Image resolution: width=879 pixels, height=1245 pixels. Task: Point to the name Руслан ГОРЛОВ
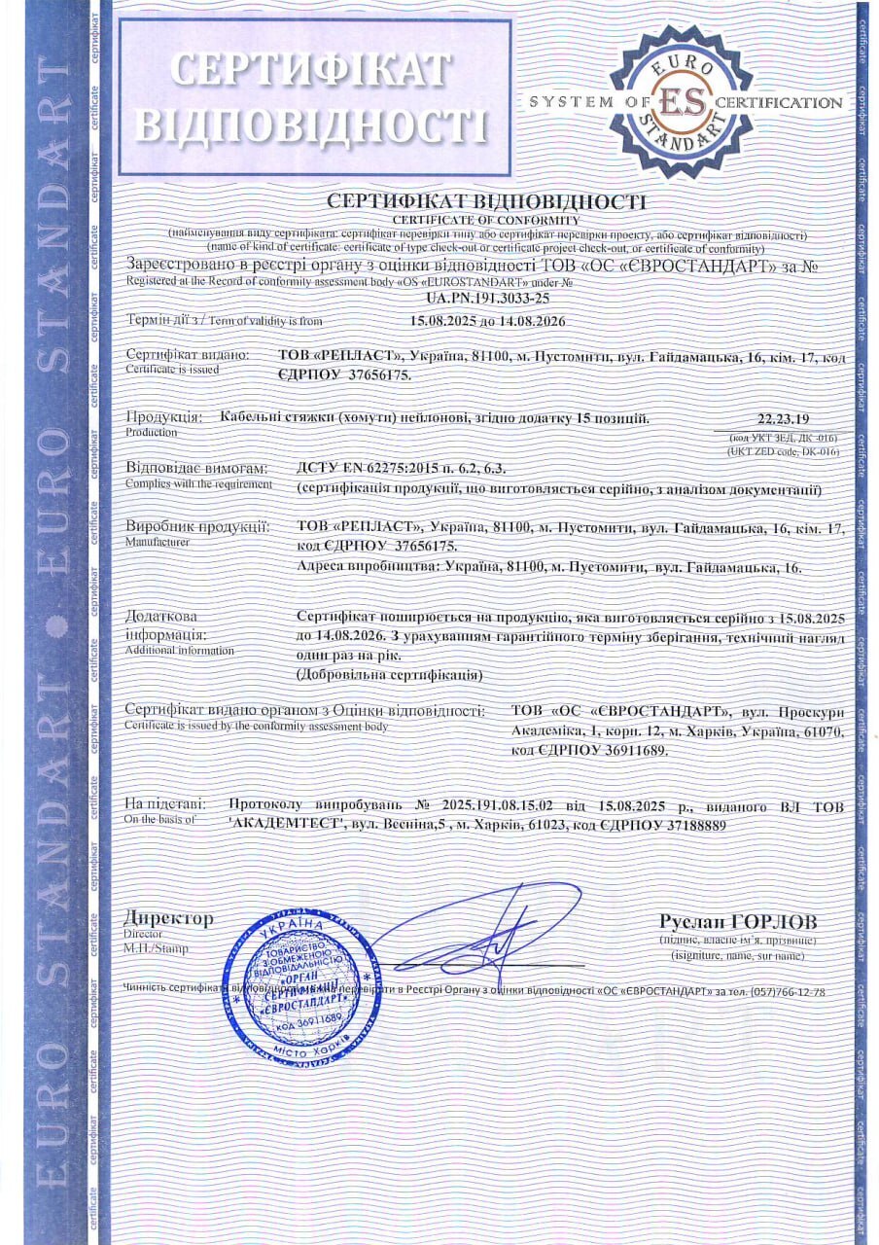coord(738,921)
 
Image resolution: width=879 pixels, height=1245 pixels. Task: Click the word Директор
coord(168,918)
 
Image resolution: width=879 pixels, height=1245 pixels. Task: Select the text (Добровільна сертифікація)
coord(389,673)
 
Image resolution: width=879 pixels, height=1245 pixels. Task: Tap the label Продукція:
coord(164,417)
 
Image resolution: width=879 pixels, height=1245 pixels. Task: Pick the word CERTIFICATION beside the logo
coord(778,102)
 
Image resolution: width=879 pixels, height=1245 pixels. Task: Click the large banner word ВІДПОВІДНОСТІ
coord(311,126)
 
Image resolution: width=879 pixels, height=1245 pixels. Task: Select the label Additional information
coord(179,649)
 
